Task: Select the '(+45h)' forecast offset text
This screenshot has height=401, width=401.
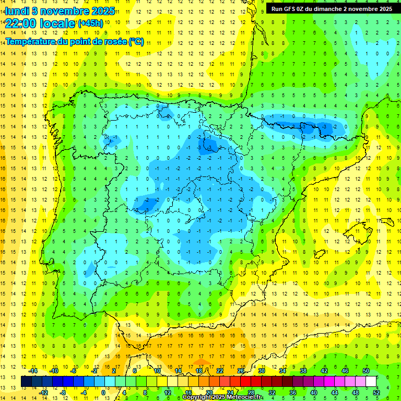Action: click(x=90, y=23)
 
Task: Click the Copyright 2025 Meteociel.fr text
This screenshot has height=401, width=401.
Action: click(x=222, y=397)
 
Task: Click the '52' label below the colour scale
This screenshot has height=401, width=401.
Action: click(x=377, y=393)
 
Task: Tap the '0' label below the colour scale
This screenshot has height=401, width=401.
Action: click(x=103, y=393)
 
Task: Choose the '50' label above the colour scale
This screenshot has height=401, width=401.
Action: click(x=366, y=371)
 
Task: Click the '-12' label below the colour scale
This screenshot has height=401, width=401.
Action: click(x=44, y=393)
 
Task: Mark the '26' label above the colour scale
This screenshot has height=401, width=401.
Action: click(x=241, y=371)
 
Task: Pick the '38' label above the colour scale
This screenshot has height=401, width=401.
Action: click(x=303, y=371)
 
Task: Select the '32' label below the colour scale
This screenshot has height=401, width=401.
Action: click(x=272, y=393)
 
